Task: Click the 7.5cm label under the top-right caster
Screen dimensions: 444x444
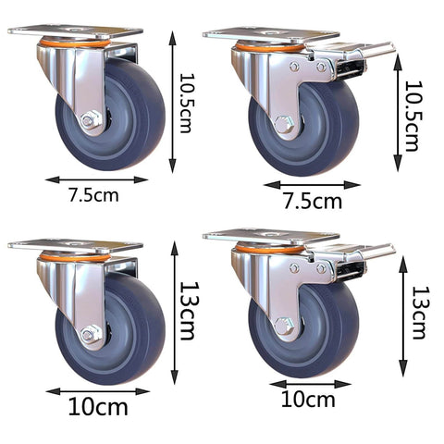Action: (311, 201)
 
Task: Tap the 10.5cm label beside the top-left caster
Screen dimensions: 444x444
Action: (188, 103)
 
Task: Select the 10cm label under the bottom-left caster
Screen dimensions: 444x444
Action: (97, 405)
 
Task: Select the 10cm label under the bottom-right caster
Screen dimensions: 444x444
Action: (309, 400)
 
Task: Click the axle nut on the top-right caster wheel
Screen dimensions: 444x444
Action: (285, 123)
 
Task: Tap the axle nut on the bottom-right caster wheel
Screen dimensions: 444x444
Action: (285, 326)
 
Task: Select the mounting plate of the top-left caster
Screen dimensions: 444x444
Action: (74, 31)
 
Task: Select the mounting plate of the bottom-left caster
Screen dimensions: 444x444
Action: (74, 245)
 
